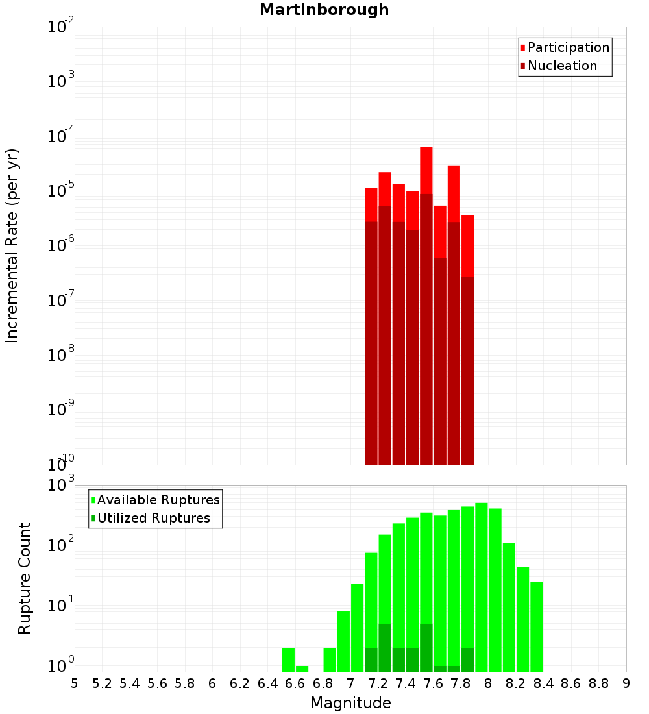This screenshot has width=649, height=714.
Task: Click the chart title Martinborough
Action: pyautogui.click(x=324, y=10)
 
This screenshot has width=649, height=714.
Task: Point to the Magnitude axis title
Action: pyautogui.click(x=350, y=703)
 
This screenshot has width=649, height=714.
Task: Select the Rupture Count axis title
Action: pyautogui.click(x=25, y=578)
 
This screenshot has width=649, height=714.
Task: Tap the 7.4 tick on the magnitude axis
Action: pyautogui.click(x=406, y=683)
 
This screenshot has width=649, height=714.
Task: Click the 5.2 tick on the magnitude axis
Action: pyautogui.click(x=102, y=683)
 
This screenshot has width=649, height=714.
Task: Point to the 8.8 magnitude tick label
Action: pyautogui.click(x=598, y=683)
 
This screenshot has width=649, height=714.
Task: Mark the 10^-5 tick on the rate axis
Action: pyautogui.click(x=60, y=191)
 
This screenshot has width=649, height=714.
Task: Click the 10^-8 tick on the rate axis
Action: pyautogui.click(x=60, y=355)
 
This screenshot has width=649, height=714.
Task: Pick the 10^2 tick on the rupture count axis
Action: pyautogui.click(x=60, y=545)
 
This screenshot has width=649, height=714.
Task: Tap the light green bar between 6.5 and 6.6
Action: pyautogui.click(x=288, y=659)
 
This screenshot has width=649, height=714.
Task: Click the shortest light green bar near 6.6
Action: pyautogui.click(x=302, y=669)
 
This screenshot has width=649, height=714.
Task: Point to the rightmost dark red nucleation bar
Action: pyautogui.click(x=467, y=370)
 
